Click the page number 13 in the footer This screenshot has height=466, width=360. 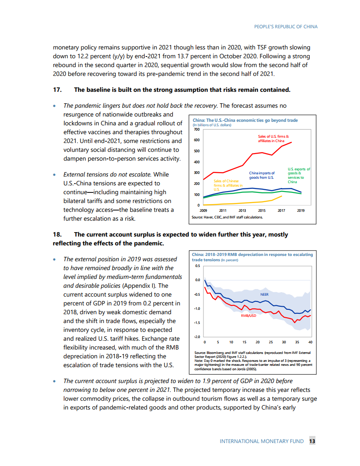(312, 441)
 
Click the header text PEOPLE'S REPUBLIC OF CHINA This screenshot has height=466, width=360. (286, 26)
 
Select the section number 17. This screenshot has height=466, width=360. (57, 90)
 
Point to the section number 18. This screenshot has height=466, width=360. (57, 234)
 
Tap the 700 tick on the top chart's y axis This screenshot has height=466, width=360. (197, 129)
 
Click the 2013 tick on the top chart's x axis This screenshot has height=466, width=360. (242, 210)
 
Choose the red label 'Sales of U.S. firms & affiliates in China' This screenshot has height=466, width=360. (274, 139)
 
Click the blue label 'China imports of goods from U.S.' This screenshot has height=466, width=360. (262, 175)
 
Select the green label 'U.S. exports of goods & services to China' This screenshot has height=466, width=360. (299, 175)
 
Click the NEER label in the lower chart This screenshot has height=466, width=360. (264, 294)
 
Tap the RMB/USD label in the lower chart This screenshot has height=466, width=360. (249, 316)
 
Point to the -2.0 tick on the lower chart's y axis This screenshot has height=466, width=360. (197, 337)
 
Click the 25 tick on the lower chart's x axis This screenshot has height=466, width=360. (271, 342)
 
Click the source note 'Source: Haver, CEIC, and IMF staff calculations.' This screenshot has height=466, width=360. (227, 217)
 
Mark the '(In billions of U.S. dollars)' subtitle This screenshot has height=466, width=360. (212, 125)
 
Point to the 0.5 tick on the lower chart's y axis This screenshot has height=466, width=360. (197, 266)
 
